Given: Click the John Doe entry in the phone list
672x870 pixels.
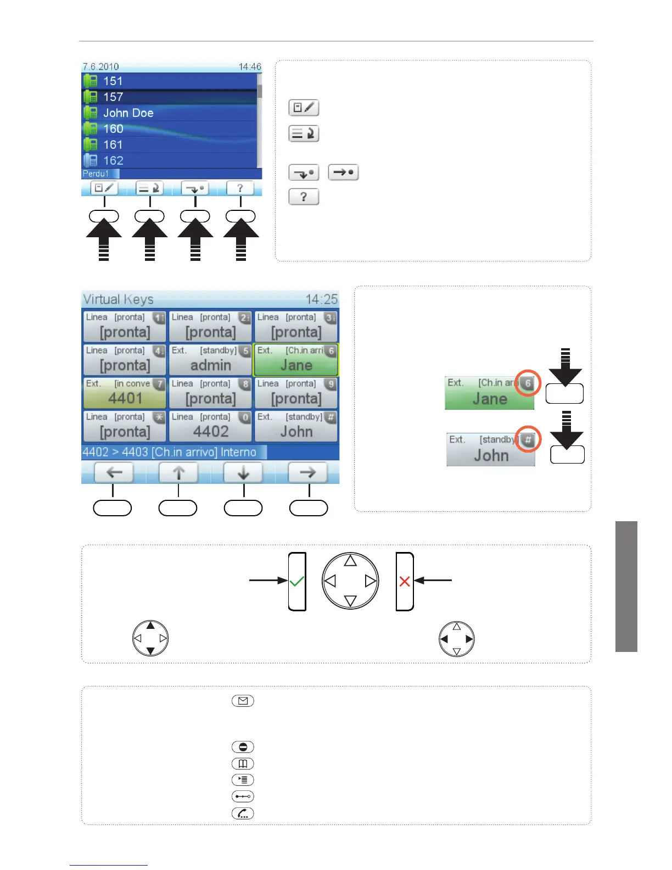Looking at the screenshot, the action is (x=128, y=113).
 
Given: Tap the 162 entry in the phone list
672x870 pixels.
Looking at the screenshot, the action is (x=113, y=161).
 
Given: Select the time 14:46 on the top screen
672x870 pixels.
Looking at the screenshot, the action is (x=250, y=67).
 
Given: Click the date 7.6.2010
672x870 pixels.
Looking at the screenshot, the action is (x=100, y=67).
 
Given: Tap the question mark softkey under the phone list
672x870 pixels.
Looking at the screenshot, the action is (x=240, y=188).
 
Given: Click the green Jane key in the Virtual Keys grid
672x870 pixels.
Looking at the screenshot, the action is (x=296, y=360).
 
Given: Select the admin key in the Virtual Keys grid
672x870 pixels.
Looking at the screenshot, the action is (x=210, y=360).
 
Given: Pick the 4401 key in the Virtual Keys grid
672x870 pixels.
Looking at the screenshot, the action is (x=125, y=393).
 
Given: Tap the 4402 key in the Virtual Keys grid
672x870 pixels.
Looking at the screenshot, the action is (x=210, y=426).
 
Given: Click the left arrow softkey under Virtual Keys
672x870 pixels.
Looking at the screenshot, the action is (x=114, y=472).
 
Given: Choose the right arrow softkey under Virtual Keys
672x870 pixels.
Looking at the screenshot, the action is (x=307, y=472).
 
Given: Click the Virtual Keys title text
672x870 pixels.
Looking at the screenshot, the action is (x=118, y=299).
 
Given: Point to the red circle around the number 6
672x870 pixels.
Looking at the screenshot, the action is (x=528, y=383).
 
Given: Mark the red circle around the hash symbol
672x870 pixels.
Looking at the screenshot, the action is (x=528, y=440).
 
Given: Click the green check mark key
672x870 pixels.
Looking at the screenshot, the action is (x=297, y=581).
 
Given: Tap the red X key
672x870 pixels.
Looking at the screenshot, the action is (x=405, y=581).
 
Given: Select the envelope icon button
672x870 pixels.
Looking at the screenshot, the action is (x=243, y=701).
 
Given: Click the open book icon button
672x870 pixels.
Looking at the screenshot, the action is (x=243, y=763).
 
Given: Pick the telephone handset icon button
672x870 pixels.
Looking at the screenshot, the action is (x=243, y=813).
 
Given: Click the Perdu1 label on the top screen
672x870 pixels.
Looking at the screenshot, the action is (x=96, y=174).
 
